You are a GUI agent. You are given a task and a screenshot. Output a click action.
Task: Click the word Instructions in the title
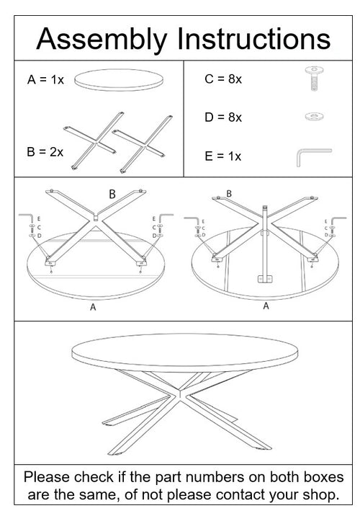click(252, 37)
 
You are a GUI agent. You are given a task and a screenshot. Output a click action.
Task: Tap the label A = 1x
click(46, 80)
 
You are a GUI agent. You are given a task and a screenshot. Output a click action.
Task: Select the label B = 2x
click(45, 152)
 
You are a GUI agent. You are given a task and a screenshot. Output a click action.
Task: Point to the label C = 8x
click(223, 79)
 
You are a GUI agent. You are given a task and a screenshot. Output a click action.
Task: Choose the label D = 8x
click(223, 117)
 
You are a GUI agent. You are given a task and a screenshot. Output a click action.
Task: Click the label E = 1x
click(223, 156)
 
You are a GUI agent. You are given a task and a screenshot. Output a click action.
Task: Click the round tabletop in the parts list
click(120, 79)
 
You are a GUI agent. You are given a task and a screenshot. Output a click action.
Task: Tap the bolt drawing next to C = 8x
click(314, 77)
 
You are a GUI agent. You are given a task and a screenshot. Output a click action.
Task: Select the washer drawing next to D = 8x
click(313, 116)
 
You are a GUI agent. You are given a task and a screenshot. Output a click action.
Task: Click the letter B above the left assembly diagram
click(112, 194)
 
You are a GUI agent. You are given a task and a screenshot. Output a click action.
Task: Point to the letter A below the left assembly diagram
click(91, 308)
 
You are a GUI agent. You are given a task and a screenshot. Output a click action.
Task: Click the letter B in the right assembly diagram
click(229, 193)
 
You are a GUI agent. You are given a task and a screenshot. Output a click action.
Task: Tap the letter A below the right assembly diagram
click(266, 306)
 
